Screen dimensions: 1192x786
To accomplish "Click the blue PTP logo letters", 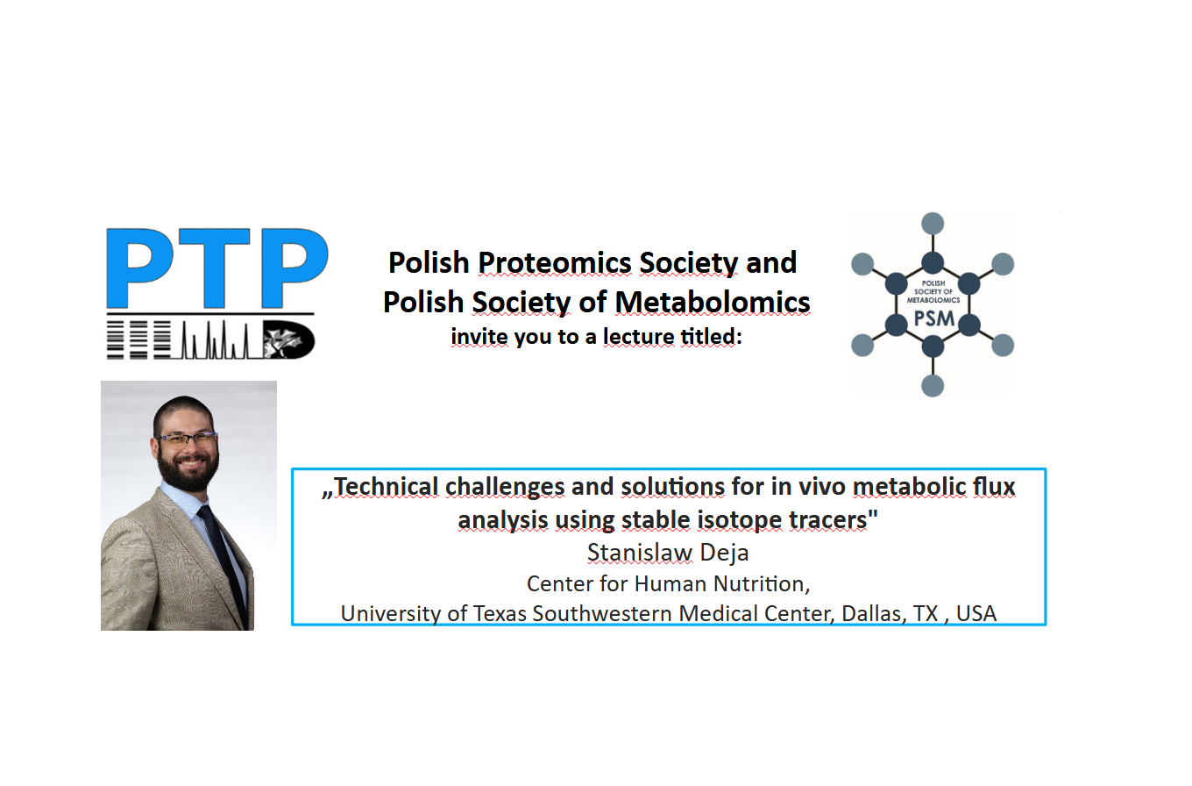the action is (217, 268).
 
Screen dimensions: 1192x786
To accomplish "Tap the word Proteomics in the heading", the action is (555, 263).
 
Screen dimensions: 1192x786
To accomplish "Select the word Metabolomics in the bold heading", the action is (713, 303).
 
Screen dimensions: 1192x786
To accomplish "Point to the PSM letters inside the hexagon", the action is (934, 318).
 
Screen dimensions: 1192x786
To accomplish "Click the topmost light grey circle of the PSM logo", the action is (933, 223).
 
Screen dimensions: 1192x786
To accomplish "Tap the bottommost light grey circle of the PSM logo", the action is (933, 386).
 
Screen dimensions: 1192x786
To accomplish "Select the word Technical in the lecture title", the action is (386, 487).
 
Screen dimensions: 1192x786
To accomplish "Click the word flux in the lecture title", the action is (994, 487).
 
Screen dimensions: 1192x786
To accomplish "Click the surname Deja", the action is (724, 553).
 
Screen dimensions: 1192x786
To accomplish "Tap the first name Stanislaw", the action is (640, 553).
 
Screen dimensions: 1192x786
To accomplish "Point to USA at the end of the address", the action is (976, 614).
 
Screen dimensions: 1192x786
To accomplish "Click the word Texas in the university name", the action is (500, 614).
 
